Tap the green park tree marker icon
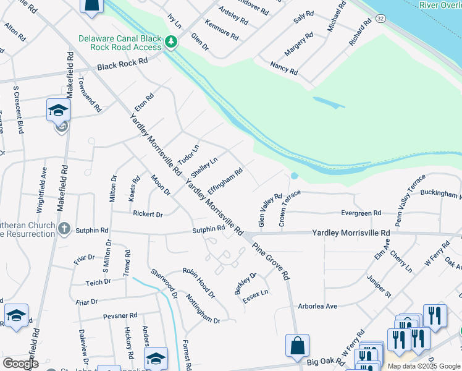tap(171, 42)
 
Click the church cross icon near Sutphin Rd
tap(64, 229)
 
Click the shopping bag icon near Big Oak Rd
tap(297, 345)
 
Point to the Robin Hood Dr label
tap(198, 283)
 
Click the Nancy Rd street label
tap(284, 68)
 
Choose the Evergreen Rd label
tap(361, 213)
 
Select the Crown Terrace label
tap(289, 208)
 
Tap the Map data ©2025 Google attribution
tap(424, 366)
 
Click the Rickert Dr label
tap(148, 215)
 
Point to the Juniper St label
tap(379, 286)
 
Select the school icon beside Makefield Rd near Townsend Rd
tap(58, 110)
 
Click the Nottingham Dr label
tap(203, 307)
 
